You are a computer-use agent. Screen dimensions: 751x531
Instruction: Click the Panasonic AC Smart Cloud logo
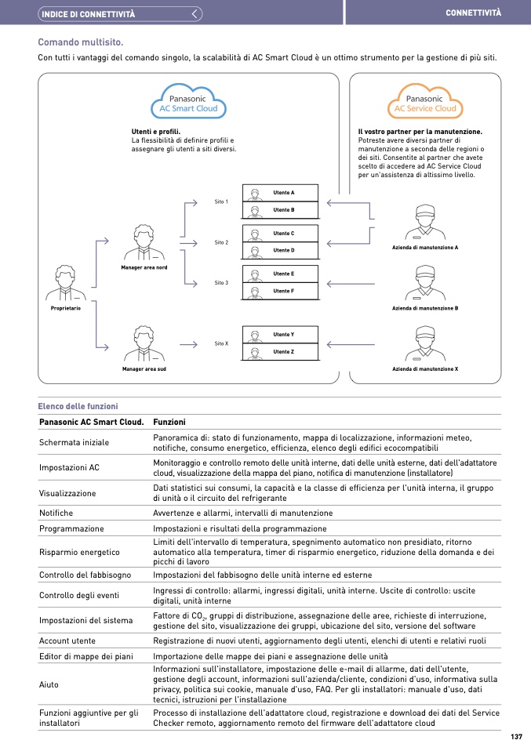188,103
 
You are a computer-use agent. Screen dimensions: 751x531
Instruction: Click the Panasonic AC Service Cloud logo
424,103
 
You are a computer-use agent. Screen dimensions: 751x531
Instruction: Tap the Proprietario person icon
65,284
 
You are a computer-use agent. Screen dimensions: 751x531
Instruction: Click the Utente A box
280,193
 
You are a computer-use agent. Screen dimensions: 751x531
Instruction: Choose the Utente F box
280,292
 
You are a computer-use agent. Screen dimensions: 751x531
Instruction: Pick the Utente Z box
280,352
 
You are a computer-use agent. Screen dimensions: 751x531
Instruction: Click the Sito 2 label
221,242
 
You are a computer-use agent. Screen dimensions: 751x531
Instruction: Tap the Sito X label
221,343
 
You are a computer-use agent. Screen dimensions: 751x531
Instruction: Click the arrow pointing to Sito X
188,343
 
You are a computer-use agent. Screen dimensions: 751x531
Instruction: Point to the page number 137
515,737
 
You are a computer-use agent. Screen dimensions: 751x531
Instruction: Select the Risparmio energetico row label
80,552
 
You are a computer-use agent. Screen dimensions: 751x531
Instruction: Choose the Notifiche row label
56,513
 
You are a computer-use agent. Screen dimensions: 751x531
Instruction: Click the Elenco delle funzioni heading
78,406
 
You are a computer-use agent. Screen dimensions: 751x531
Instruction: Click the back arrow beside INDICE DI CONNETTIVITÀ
196,13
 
